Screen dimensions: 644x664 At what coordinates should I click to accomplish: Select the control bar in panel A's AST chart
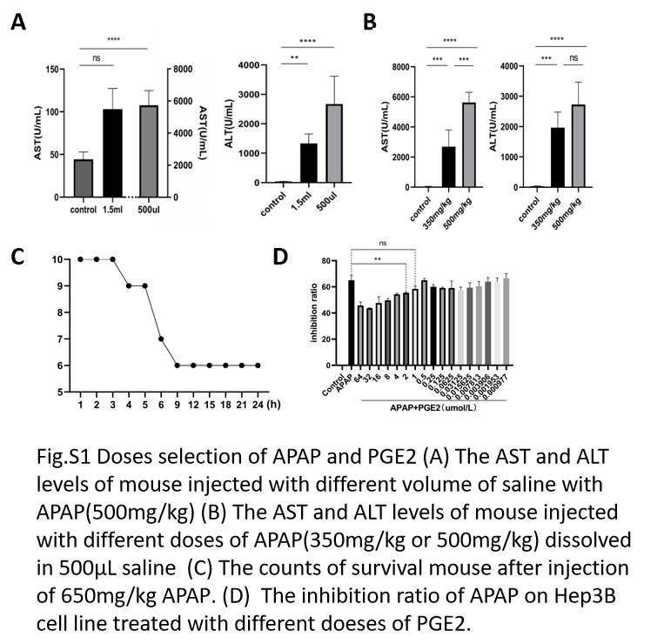pyautogui.click(x=84, y=178)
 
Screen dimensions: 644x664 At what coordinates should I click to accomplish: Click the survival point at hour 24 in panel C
pyautogui.click(x=258, y=366)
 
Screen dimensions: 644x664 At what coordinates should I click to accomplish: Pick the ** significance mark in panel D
pyautogui.click(x=378, y=259)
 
